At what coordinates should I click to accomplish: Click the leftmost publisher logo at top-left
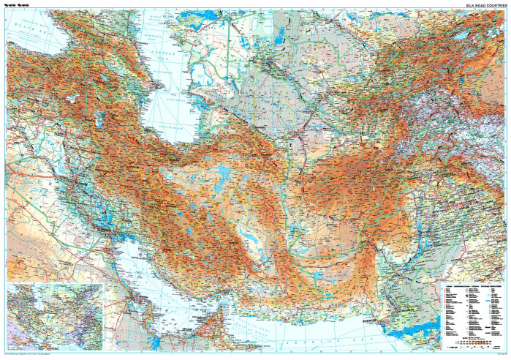tap(10, 5)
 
